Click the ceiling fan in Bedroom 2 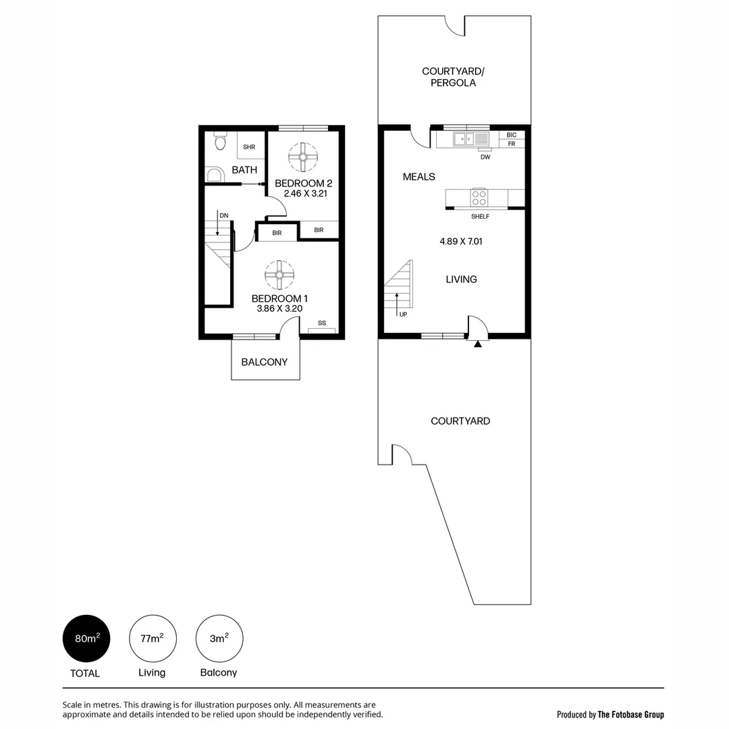point(303,157)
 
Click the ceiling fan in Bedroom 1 point(279,275)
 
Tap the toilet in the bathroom point(219,142)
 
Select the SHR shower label point(249,146)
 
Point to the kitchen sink point(464,140)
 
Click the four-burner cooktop point(479,198)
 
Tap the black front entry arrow point(478,344)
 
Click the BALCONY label point(265,362)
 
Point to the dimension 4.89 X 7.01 point(461,241)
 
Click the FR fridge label point(511,144)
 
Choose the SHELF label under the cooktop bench point(480,216)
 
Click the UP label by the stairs point(403,314)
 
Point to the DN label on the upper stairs point(223,215)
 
